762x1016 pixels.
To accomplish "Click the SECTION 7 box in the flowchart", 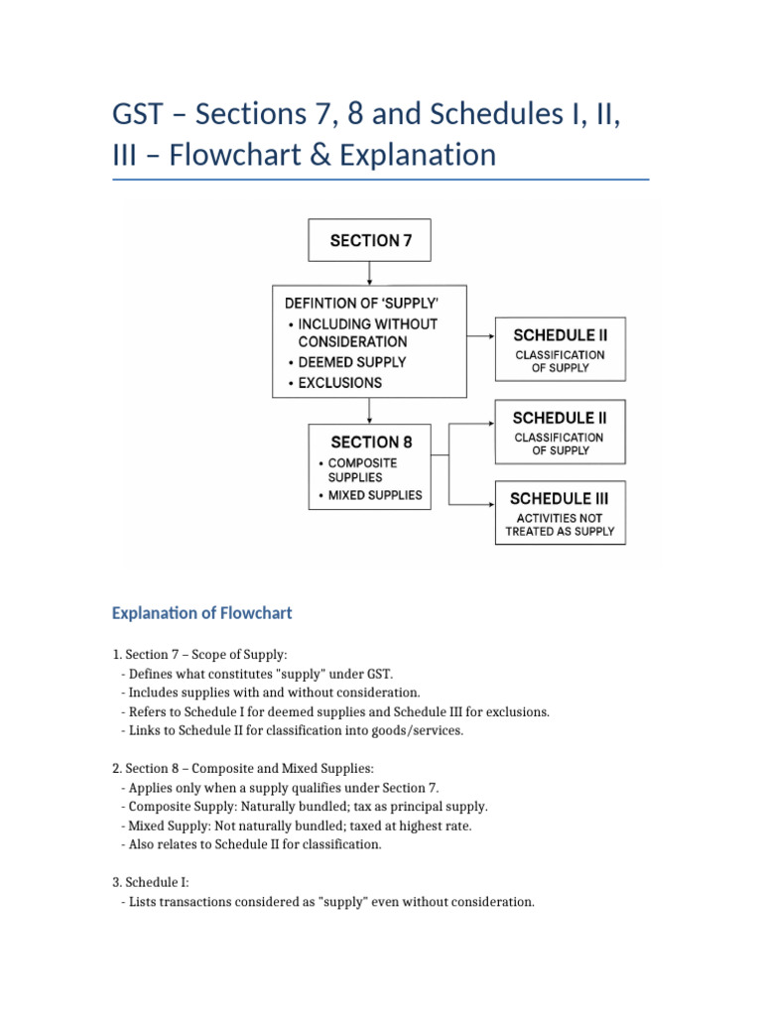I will coord(369,240).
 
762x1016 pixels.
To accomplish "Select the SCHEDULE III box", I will coord(561,512).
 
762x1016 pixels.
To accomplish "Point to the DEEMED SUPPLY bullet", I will coord(346,362).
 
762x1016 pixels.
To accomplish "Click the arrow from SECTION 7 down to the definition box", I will coord(369,274).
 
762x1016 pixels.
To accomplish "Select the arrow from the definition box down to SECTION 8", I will coord(369,411).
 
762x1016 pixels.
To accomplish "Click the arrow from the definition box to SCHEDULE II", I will coord(481,336).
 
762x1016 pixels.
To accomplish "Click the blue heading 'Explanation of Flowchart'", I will coord(202,613).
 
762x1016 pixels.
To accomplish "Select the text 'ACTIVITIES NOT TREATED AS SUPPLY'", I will coord(560,525).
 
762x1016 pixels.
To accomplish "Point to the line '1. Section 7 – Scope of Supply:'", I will coord(199,655).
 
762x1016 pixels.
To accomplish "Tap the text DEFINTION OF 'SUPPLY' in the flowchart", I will coord(362,304).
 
